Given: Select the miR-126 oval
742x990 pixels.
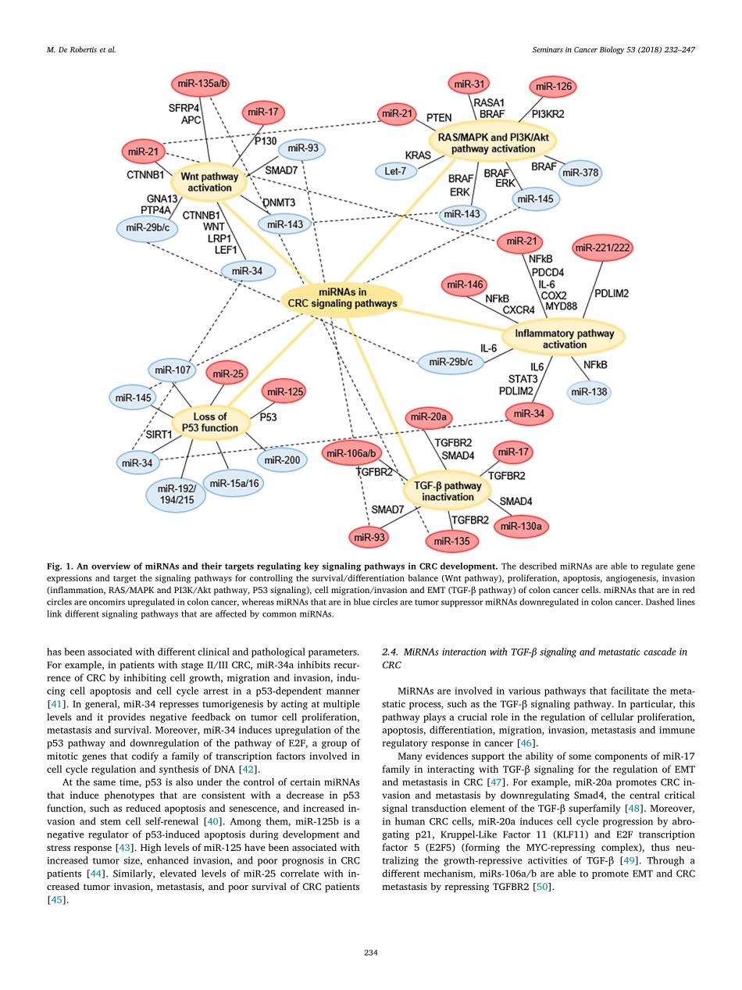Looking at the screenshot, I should pos(553,88).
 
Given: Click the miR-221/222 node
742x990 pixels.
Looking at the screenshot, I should pos(602,248).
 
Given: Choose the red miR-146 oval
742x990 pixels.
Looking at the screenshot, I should pos(463,286).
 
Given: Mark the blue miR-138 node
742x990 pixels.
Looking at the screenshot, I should pos(589,391).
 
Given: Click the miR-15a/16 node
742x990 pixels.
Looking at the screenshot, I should pos(233,484).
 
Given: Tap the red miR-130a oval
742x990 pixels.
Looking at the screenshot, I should pos(521,526).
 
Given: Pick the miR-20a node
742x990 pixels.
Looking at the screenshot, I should pos(429,419).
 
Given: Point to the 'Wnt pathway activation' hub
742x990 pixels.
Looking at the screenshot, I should pos(209,182).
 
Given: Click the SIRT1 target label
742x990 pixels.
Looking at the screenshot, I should pos(159,434).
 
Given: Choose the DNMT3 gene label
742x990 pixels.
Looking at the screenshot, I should pos(278,202).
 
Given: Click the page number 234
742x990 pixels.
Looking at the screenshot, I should pos(371,952).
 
